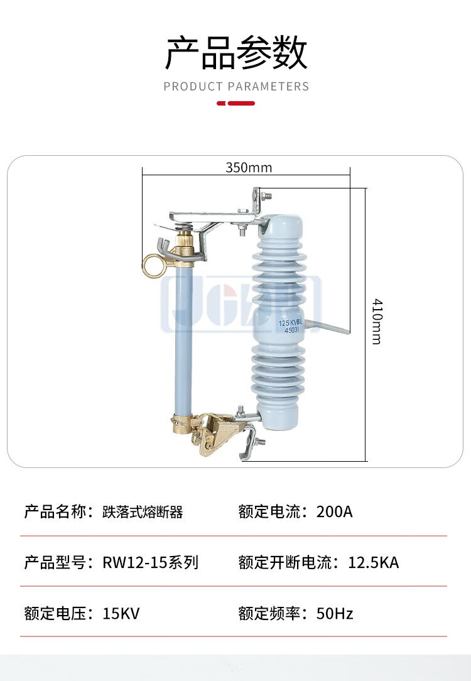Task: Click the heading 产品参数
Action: pyautogui.click(x=236, y=53)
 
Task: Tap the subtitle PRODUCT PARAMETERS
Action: pyautogui.click(x=236, y=87)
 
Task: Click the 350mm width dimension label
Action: pyautogui.click(x=249, y=168)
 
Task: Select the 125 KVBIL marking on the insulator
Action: pyautogui.click(x=291, y=324)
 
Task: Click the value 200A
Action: pyautogui.click(x=334, y=511)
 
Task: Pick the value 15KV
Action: pyautogui.click(x=121, y=613)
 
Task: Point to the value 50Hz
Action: pyautogui.click(x=335, y=613)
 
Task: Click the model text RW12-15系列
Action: pyautogui.click(x=150, y=562)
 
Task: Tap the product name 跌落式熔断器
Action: pyautogui.click(x=143, y=511)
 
